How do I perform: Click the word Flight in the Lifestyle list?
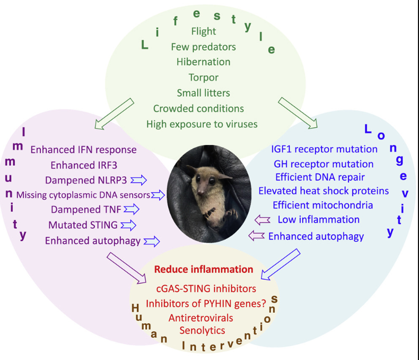203,32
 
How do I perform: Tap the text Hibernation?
203,62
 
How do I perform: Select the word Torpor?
203,78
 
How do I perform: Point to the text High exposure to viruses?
202,124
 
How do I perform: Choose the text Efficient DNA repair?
320,177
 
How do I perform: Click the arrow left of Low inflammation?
264,219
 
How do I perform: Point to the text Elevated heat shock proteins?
324,191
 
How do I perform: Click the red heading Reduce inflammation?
204,269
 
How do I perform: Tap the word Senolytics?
202,330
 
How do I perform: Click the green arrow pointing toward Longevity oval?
298,112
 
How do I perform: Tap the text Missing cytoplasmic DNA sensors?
83,195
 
